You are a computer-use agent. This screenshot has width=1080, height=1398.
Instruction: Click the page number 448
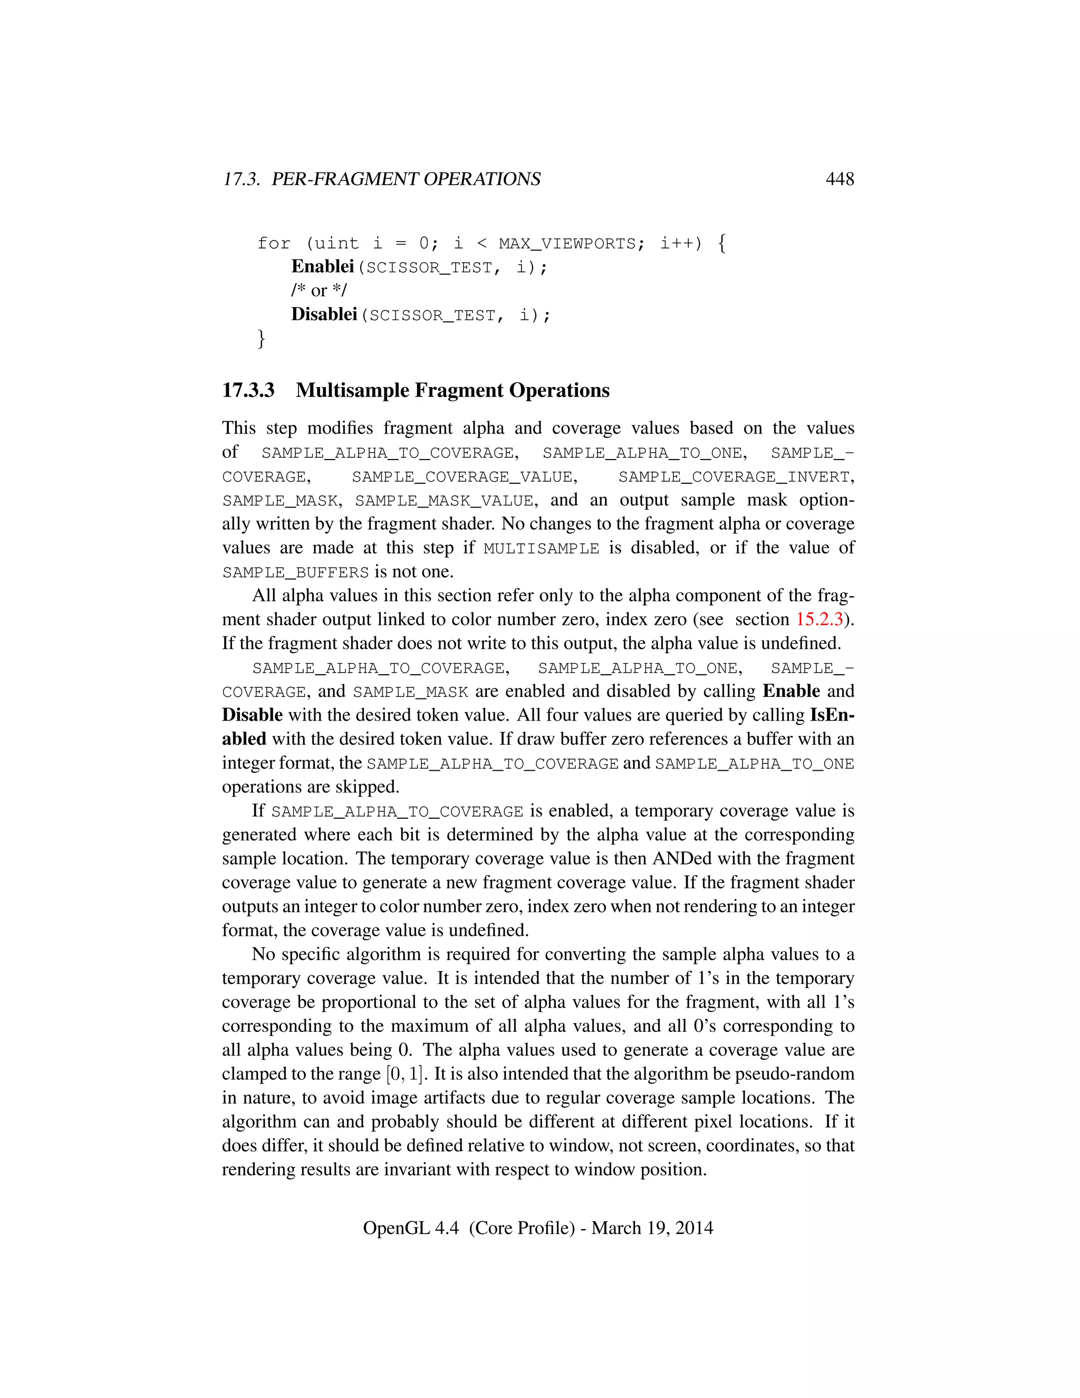pos(840,179)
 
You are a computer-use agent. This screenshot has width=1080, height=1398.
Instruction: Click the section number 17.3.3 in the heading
pos(248,390)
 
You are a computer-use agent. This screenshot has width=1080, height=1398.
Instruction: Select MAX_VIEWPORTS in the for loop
pos(567,244)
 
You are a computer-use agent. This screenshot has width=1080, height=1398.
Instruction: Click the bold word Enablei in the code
pos(322,267)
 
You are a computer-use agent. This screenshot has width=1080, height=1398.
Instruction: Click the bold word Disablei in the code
pos(324,314)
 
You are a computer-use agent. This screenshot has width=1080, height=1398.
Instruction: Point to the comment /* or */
pos(319,291)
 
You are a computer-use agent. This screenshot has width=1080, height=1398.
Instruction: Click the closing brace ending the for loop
pos(261,338)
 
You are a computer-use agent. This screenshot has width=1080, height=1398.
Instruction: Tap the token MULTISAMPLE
pos(541,549)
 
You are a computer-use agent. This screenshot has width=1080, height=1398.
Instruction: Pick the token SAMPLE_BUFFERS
pos(296,573)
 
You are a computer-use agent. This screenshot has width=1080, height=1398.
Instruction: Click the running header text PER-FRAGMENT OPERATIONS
pos(406,179)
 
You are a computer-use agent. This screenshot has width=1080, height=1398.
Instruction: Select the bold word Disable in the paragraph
pos(252,715)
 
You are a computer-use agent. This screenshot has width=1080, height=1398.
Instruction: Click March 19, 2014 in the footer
pos(652,1228)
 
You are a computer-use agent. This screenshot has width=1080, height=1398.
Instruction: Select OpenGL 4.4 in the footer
pos(411,1228)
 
